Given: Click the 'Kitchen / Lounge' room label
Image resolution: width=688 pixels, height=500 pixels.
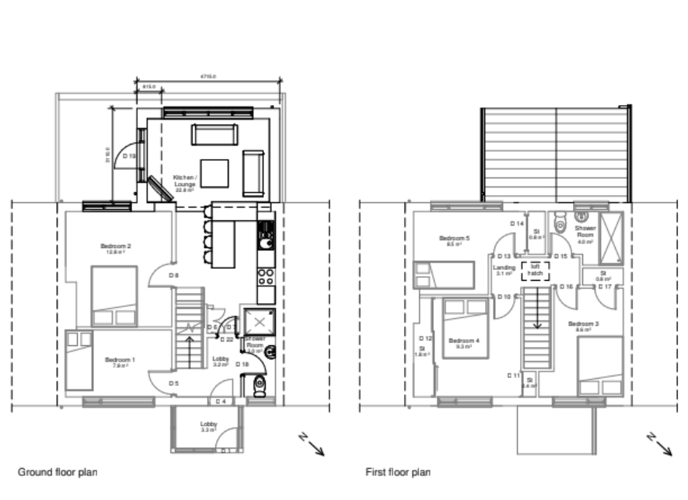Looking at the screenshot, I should click(184, 180).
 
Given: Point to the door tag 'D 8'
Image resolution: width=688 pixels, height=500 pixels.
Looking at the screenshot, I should click(174, 275).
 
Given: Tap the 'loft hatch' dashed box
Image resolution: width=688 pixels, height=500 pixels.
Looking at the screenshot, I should click(536, 270).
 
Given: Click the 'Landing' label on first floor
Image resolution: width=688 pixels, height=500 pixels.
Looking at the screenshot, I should click(504, 269).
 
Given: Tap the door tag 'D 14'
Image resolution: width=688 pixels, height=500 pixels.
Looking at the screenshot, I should click(516, 224).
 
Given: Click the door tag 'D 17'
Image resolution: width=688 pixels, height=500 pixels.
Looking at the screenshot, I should click(605, 287).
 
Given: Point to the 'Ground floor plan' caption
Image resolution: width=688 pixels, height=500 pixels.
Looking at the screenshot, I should click(58, 472).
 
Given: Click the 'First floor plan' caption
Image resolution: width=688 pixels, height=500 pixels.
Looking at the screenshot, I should click(398, 472).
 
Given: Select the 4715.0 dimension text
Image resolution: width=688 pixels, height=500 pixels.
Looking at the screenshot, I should click(208, 77).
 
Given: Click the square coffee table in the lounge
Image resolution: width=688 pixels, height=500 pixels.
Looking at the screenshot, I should click(215, 173).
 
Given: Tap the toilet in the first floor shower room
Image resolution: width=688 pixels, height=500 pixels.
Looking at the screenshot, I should click(559, 224).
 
